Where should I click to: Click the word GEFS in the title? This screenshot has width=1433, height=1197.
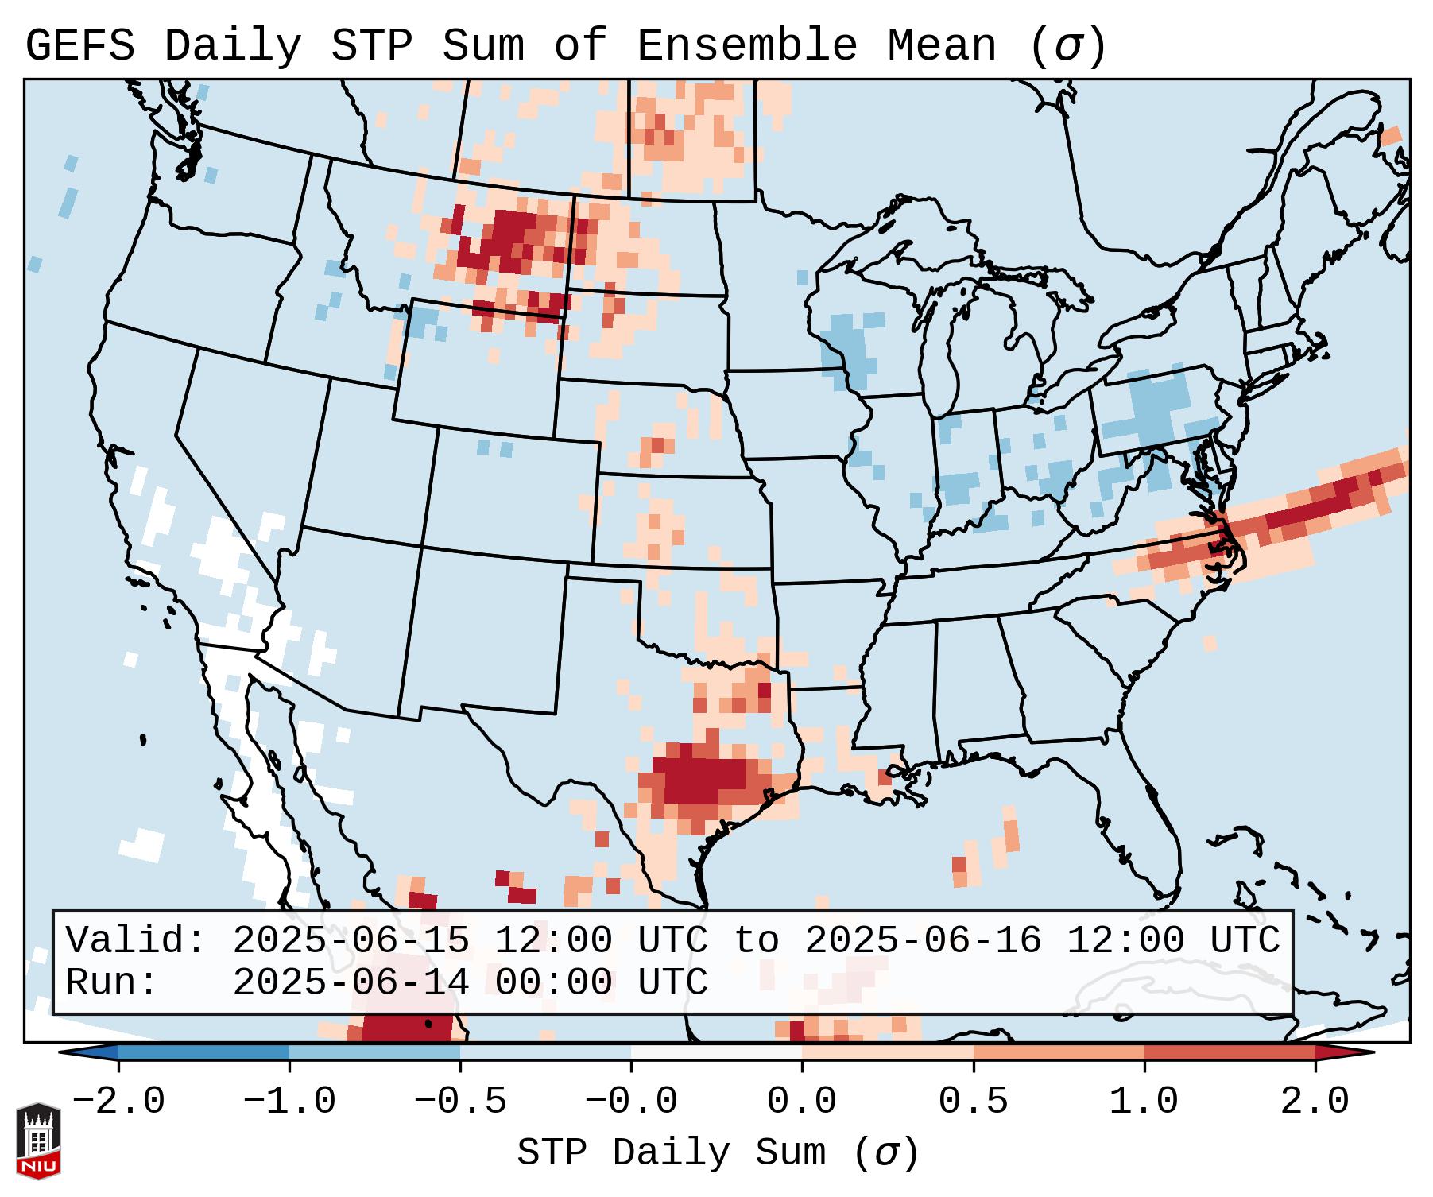pos(79,46)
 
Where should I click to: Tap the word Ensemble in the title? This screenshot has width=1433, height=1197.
pos(746,46)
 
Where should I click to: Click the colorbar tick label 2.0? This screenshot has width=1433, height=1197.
pos(1315,1102)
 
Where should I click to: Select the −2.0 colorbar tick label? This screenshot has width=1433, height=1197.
pos(118,1102)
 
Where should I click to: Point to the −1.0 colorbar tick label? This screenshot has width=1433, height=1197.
pos(289,1102)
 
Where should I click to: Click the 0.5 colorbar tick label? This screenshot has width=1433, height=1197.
pos(973,1102)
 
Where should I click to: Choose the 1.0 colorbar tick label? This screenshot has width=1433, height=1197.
pos(1144,1102)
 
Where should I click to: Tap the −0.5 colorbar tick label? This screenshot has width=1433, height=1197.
pos(460,1102)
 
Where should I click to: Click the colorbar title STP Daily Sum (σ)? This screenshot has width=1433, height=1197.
pos(718,1152)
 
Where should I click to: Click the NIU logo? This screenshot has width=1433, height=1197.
pos(38,1141)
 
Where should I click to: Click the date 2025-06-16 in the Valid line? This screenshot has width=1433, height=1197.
pos(923,941)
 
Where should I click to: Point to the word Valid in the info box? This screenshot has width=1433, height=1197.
pos(135,941)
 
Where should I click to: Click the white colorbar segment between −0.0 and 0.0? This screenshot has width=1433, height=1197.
pos(716,1052)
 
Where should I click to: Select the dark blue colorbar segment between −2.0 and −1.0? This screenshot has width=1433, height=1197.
pos(203,1052)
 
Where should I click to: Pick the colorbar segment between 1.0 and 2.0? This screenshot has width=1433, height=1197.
pos(1229,1052)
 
